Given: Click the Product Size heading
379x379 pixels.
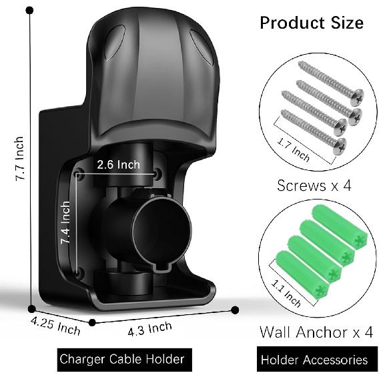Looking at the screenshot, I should pos(312,23).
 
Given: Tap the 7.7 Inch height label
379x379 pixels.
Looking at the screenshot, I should pos(20,159).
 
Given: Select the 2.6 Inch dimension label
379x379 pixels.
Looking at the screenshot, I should pos(117,165).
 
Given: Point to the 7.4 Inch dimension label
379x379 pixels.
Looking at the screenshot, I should pos(65,223).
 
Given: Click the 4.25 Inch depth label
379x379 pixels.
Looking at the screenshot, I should pos(55,326).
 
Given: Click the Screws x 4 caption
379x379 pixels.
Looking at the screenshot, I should pos(314,185).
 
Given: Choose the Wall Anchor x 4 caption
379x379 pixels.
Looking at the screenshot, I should pos(315,332).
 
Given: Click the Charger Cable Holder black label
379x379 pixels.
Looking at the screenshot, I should pos(121,359).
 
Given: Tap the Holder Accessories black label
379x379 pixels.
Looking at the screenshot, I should pos(314,360).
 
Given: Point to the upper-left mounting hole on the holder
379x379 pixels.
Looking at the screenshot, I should pos(80,173).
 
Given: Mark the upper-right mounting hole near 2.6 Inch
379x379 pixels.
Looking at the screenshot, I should pos(157,172).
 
